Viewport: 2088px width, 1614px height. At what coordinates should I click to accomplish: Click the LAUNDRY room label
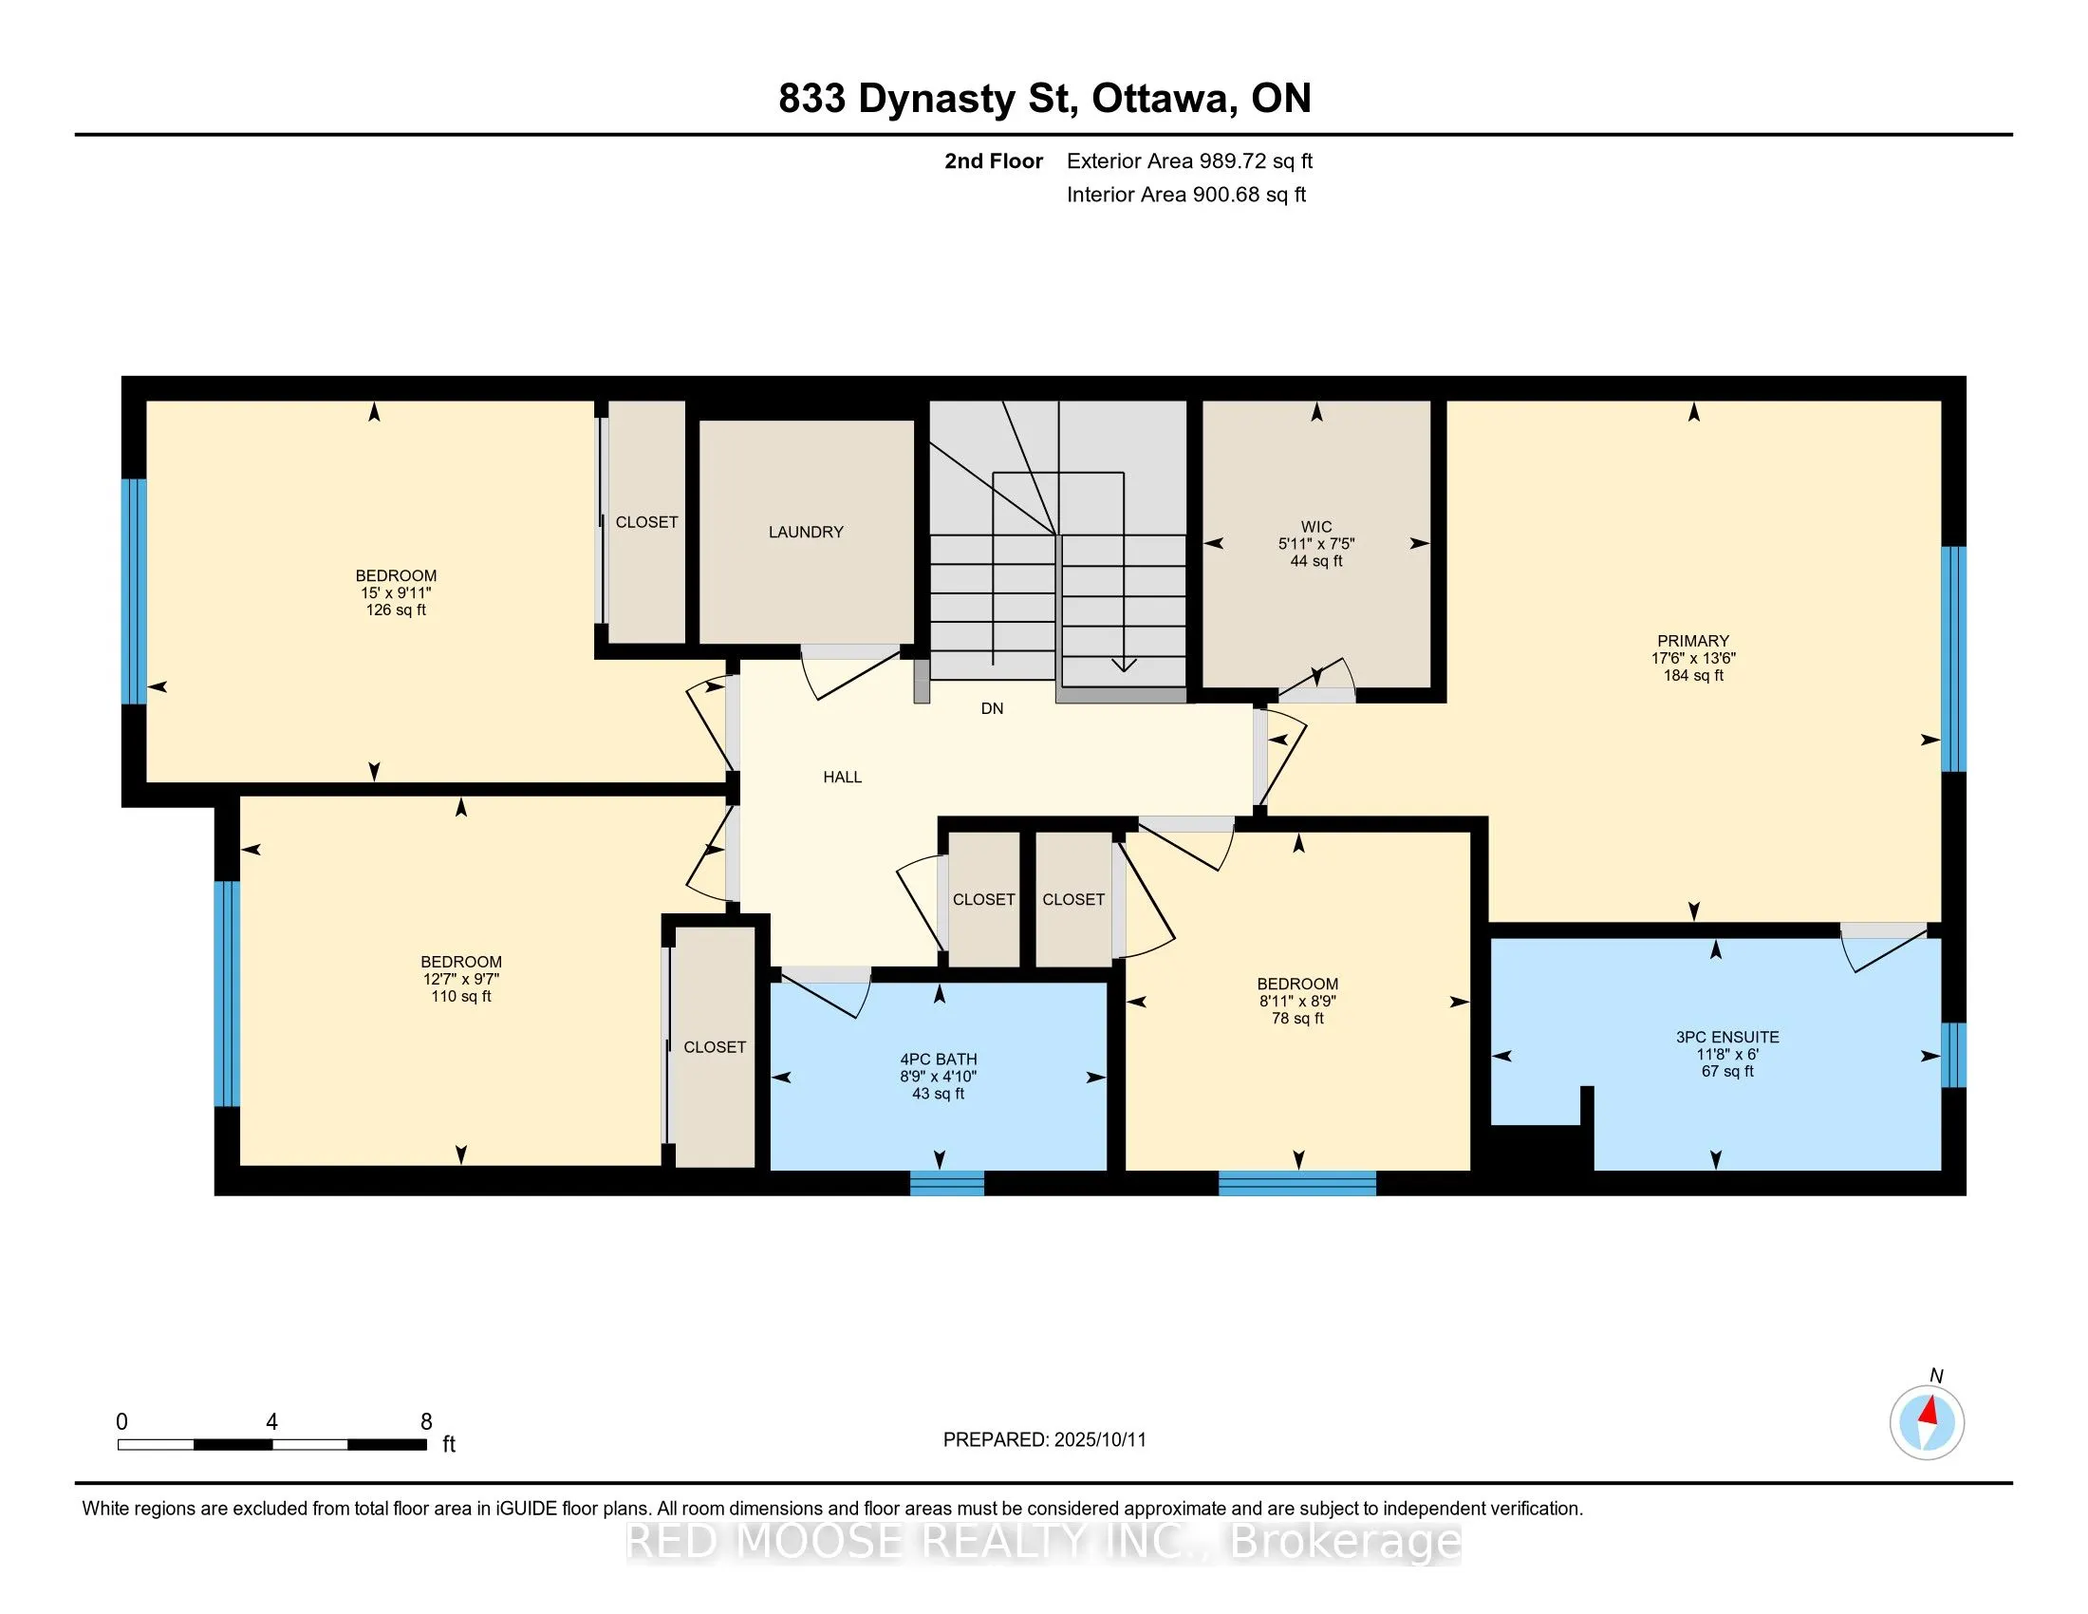806,532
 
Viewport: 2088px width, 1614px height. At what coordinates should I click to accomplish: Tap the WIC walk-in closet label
1316,527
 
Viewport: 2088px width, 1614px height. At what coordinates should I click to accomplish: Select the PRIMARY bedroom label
1693,641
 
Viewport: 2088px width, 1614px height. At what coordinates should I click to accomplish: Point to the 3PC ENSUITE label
1727,1037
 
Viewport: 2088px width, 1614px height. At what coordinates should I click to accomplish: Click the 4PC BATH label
938,1060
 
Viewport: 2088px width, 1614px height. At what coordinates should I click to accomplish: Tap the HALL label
842,778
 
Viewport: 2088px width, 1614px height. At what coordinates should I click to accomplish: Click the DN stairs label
993,708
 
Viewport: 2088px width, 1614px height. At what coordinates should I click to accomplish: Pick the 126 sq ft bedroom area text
396,610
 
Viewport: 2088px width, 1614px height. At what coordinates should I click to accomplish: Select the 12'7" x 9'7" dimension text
462,979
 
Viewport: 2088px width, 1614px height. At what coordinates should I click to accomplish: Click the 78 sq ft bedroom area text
1297,1019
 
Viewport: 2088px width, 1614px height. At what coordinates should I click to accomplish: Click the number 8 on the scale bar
426,1422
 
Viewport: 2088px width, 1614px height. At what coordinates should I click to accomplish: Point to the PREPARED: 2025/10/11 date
1044,1440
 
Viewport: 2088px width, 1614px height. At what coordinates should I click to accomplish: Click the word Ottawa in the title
1162,100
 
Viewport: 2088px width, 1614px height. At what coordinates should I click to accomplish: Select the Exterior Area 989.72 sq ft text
1189,160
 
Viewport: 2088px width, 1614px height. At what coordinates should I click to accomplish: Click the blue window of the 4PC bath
946,1184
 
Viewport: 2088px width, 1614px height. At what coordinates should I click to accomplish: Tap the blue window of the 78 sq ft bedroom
1297,1184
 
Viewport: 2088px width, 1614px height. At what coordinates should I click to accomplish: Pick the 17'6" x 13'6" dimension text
1693,658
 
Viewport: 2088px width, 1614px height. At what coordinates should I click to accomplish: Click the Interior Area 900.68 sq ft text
1185,195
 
